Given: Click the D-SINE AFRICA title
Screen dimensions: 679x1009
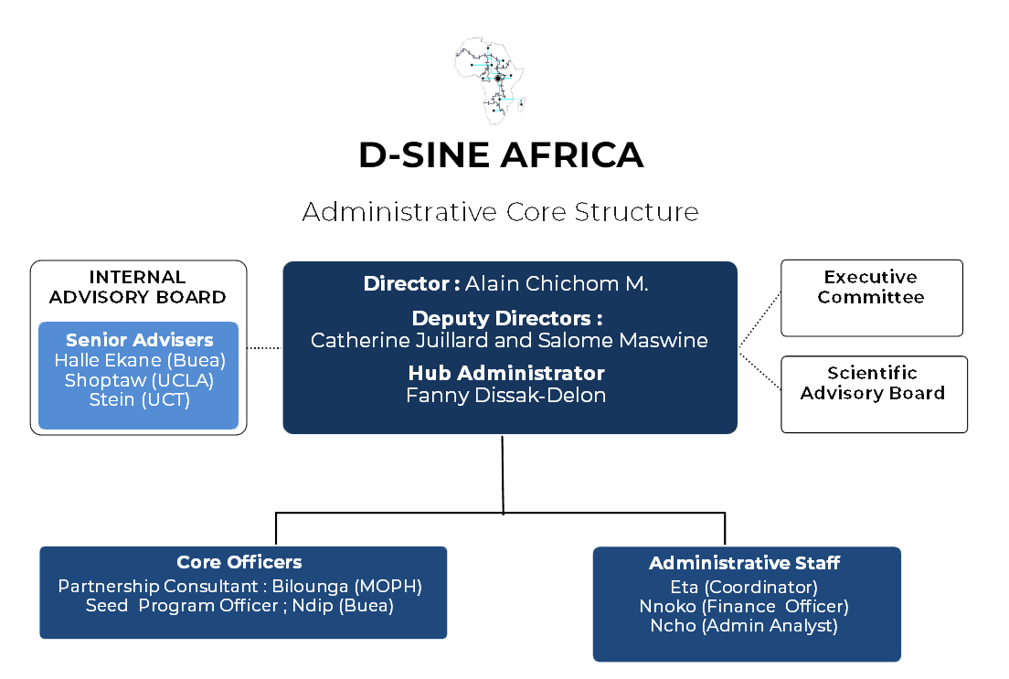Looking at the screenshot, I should point(501,155).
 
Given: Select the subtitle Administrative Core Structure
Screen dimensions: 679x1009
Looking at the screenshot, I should point(500,212).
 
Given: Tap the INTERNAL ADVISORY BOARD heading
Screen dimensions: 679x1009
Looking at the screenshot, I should point(138,287).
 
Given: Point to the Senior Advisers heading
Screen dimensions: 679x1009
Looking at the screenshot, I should point(139,340).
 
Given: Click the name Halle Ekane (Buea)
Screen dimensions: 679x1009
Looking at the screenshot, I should point(139,360).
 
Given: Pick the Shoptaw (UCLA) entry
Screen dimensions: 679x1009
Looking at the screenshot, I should point(139,380).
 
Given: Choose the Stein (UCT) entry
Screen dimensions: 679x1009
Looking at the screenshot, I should point(139,399).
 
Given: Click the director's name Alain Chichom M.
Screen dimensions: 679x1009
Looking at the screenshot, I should point(557,284).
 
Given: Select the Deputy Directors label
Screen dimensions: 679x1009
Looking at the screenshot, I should point(507,319).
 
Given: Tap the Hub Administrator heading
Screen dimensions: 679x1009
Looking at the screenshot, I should point(506,374).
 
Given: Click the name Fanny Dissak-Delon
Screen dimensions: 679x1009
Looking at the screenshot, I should point(506,396).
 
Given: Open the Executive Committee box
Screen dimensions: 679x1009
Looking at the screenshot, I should point(871,297).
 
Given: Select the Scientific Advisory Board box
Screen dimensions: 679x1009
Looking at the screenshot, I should point(873,393).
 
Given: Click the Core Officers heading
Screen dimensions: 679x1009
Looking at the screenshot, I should point(239,563).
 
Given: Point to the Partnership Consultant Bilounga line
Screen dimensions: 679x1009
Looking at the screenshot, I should point(239,586).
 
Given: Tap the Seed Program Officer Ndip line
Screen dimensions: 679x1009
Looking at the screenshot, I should point(239,606).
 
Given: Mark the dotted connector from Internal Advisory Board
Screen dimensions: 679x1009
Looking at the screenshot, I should point(265,347).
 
